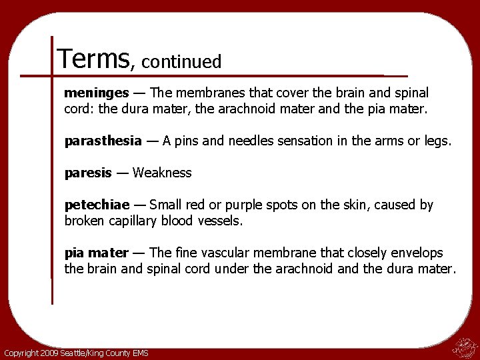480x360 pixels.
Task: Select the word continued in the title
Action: click(181, 62)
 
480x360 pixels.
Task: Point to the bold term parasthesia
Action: click(103, 141)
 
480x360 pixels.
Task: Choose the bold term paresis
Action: click(88, 173)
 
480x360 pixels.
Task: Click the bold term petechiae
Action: click(97, 205)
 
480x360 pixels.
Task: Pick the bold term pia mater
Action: click(96, 253)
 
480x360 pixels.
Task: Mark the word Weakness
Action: click(162, 173)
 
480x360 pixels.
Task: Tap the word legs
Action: click(437, 141)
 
